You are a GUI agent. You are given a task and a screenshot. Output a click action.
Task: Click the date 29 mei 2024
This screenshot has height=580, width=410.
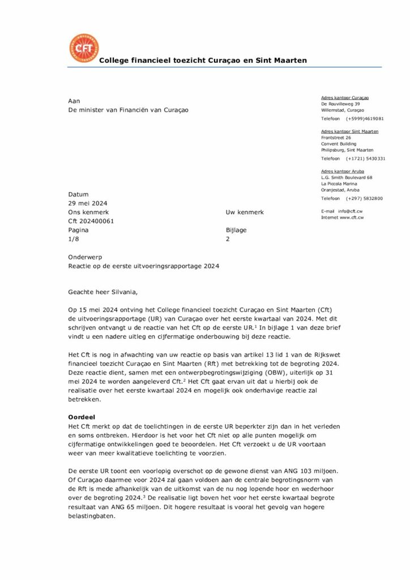click(88, 203)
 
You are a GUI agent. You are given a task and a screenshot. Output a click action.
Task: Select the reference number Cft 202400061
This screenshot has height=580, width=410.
click(91, 221)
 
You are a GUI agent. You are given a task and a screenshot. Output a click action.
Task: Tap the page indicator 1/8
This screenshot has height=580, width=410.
click(74, 239)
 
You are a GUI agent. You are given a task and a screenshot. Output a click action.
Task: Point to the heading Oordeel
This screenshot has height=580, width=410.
click(81, 416)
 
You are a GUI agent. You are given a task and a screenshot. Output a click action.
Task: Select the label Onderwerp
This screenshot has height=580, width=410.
click(85, 257)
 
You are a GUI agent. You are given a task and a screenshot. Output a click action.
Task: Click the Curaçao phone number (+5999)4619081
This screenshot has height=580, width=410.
click(365, 118)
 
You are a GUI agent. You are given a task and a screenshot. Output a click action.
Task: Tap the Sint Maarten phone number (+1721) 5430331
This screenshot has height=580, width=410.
click(365, 159)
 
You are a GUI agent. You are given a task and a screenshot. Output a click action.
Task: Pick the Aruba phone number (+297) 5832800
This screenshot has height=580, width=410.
click(364, 198)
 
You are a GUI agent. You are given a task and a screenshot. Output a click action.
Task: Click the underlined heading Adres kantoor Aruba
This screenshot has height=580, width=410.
click(343, 171)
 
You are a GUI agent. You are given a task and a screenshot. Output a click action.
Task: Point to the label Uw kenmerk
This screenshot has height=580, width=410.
click(245, 212)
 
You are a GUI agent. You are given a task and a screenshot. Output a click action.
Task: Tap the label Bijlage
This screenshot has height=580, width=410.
click(236, 230)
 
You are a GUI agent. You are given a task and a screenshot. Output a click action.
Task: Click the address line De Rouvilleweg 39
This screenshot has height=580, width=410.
click(340, 104)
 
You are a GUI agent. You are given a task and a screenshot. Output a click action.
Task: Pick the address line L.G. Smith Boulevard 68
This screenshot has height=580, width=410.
click(347, 177)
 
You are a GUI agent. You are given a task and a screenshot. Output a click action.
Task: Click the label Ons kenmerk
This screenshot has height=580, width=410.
click(88, 212)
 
